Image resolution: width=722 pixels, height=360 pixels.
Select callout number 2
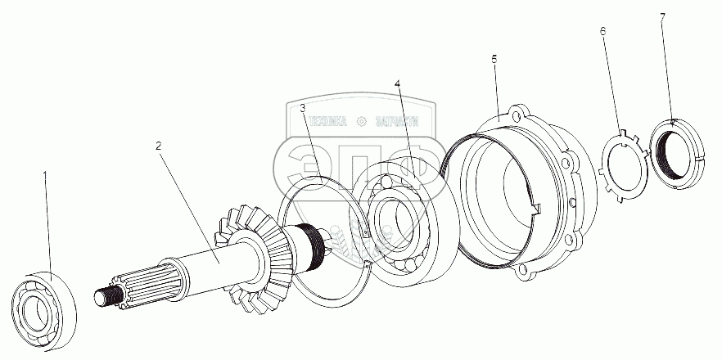(159, 146)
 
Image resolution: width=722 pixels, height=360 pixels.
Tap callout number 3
(303, 107)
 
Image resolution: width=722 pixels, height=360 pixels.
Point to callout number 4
(397, 84)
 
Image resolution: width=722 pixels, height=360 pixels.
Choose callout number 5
(494, 61)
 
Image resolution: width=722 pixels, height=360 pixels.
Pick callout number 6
(602, 32)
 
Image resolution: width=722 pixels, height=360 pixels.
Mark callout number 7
(661, 17)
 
